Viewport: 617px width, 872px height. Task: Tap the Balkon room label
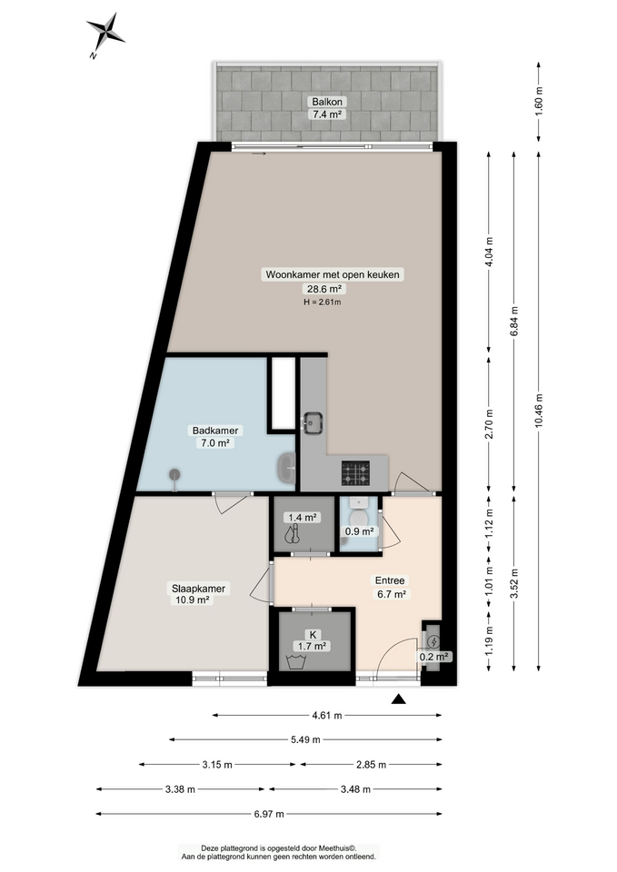(328, 108)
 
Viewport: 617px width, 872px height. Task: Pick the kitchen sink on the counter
(314, 421)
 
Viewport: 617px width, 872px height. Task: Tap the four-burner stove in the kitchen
(355, 472)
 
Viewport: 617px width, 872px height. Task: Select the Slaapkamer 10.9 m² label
(198, 593)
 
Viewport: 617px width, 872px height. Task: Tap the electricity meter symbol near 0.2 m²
(432, 639)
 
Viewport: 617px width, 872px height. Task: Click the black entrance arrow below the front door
(398, 699)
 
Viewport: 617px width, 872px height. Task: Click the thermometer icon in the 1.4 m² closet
(291, 536)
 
